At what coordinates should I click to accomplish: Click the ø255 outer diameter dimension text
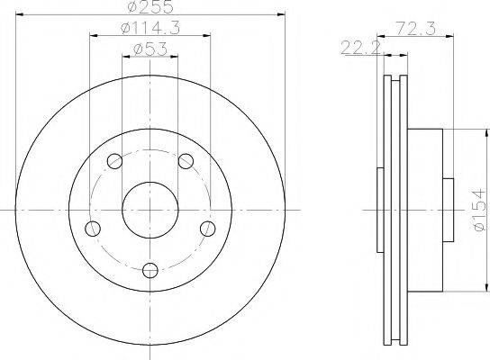[150, 6]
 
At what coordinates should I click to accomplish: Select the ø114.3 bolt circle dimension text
[150, 29]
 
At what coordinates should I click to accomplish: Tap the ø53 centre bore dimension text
[150, 49]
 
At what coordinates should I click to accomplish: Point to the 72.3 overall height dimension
[415, 29]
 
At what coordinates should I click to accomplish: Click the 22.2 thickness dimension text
[360, 48]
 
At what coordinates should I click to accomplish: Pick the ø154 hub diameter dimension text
[480, 211]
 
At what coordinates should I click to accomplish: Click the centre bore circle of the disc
[122, 210]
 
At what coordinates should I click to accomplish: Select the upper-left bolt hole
[114, 161]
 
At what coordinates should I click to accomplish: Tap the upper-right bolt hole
[186, 161]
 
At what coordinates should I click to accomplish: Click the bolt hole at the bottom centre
[150, 270]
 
